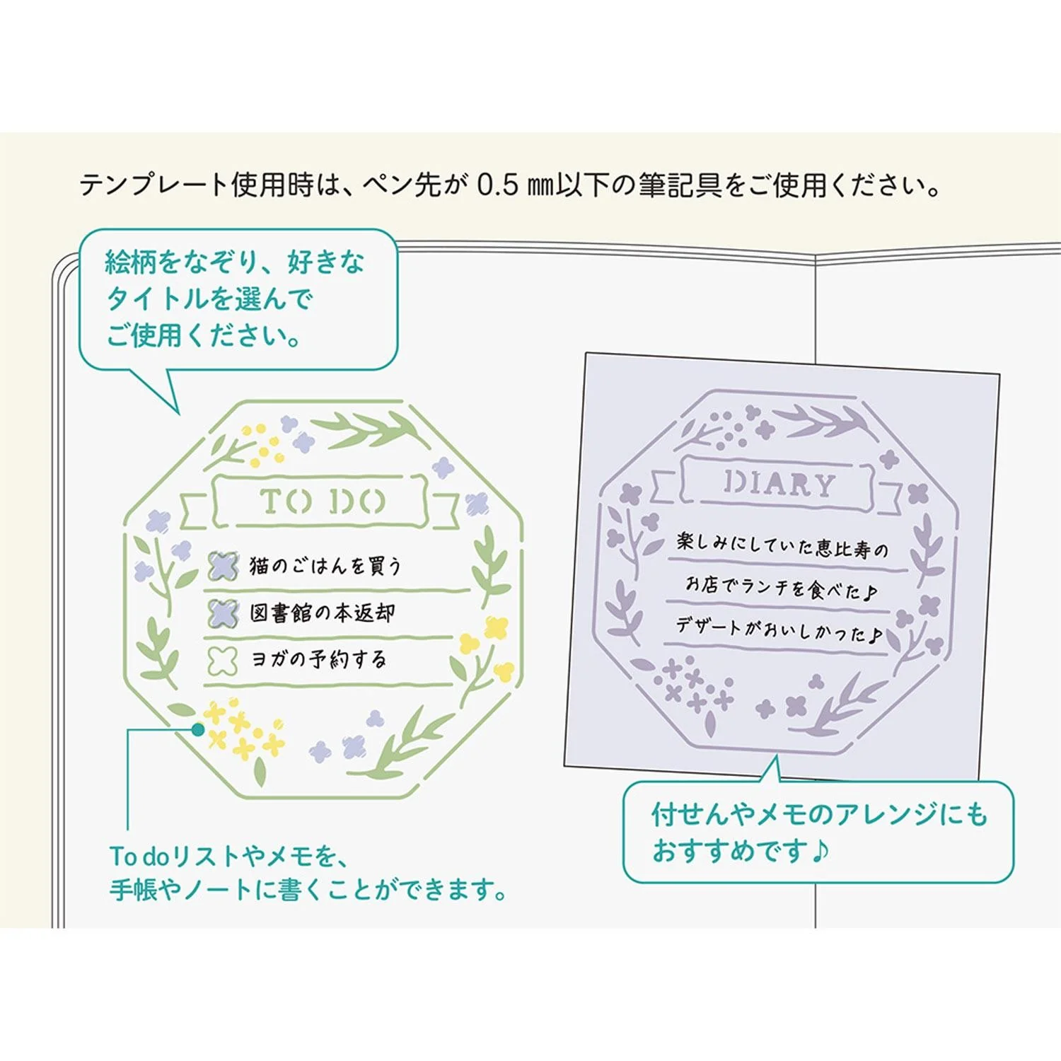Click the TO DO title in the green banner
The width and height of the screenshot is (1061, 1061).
323,501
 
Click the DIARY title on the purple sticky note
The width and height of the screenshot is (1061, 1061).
779,484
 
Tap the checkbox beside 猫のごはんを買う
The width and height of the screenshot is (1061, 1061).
223,566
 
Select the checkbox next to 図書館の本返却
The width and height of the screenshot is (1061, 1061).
223,613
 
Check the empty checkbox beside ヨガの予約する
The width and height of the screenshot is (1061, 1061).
222,659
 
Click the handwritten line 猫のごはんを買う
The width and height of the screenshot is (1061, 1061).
325,565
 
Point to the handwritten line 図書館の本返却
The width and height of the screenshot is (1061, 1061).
323,613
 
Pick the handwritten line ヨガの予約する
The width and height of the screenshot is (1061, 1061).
319,659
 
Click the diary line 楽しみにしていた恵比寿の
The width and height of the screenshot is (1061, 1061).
782,545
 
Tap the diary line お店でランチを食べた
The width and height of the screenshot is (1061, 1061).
782,588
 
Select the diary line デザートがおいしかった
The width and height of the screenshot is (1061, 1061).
779,630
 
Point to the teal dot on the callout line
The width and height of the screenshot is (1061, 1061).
198,729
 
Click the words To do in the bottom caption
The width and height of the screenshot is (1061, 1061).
139,857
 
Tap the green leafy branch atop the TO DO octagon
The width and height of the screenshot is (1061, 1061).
368,428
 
